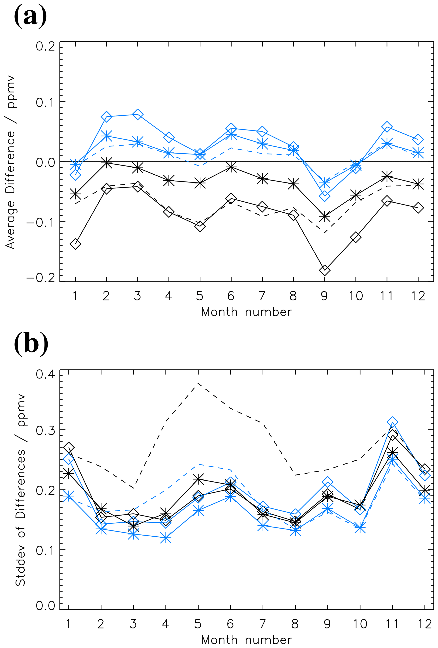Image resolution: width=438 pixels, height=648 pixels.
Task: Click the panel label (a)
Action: tap(30, 16)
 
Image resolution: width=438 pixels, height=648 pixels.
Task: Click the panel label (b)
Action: tap(31, 344)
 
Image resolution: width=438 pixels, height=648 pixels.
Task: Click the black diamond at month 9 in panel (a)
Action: tap(325, 270)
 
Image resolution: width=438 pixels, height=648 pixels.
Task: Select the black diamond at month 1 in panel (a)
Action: tap(75, 244)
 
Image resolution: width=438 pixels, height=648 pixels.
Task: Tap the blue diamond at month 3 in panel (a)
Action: tap(138, 114)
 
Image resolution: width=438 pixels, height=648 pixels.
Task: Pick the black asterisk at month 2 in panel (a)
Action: tap(106, 162)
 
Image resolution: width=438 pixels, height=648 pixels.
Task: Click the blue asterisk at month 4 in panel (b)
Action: tap(166, 538)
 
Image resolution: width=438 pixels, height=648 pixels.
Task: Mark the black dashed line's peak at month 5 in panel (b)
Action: tap(198, 383)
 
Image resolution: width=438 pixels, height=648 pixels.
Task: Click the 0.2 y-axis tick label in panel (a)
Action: tap(45, 46)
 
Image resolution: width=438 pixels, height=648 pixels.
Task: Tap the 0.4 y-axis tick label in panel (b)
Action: tap(45, 374)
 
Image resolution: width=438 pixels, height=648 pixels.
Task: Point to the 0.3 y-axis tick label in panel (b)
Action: tap(45, 431)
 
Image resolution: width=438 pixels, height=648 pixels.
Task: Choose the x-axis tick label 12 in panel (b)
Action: tap(425, 624)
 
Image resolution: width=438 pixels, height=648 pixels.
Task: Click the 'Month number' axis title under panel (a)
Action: tap(246, 312)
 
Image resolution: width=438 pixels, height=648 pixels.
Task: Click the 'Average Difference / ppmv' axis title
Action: tap(11, 162)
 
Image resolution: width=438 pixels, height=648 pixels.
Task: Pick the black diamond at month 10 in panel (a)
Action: tap(356, 237)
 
